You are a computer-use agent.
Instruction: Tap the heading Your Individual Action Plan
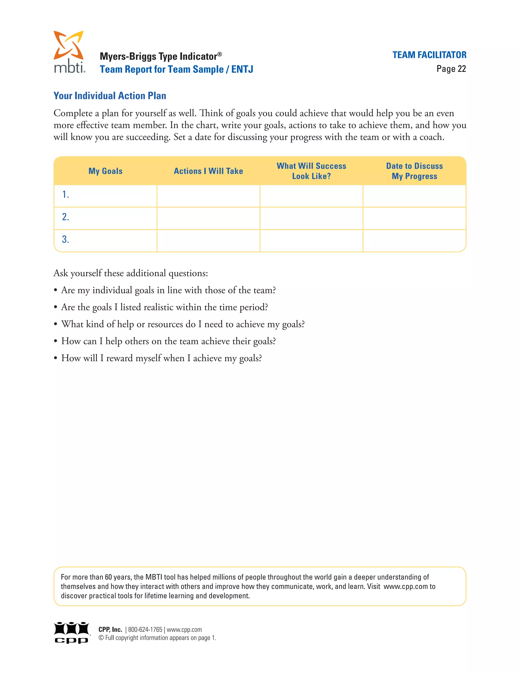click(x=110, y=96)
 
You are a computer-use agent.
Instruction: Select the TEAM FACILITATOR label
click(x=429, y=55)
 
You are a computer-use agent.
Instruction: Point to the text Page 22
click(x=451, y=69)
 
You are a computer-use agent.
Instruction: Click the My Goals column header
click(x=105, y=171)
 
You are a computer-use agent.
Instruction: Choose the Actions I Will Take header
click(x=208, y=171)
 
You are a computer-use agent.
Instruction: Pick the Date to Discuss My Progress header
click(x=414, y=171)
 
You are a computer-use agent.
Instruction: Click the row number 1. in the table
click(x=66, y=195)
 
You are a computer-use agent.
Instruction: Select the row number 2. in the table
click(x=66, y=217)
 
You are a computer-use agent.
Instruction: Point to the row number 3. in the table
click(x=66, y=239)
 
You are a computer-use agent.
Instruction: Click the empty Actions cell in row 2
click(x=208, y=218)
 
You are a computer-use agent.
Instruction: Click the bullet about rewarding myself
click(x=161, y=358)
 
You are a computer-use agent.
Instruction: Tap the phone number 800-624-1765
click(x=145, y=630)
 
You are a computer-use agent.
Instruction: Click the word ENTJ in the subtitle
click(x=242, y=69)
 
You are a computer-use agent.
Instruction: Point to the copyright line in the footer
click(x=157, y=638)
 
